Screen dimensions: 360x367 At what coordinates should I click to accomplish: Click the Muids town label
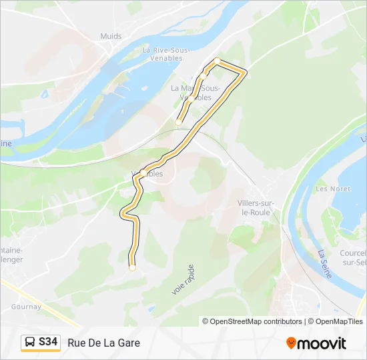[x=111, y=35]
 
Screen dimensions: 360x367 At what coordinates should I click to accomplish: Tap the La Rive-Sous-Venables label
[x=167, y=53]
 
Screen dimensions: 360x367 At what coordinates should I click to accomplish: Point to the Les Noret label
[x=332, y=189]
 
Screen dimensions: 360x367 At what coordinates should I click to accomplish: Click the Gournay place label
[x=26, y=307]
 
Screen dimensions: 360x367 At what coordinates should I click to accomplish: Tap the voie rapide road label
[x=182, y=279]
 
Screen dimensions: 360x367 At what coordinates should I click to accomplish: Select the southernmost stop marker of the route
[x=132, y=268]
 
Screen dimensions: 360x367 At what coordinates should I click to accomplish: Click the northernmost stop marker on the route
[x=217, y=61]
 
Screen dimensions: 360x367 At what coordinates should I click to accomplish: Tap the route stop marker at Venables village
[x=143, y=173]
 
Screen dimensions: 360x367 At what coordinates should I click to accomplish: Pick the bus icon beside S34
[x=30, y=343]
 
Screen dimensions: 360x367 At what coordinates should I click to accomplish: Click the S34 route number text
[x=48, y=343]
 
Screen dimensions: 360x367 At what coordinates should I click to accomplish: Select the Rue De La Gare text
[x=103, y=343]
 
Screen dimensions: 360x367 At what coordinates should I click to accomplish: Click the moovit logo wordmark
[x=322, y=343]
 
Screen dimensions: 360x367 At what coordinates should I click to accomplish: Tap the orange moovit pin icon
[x=292, y=343]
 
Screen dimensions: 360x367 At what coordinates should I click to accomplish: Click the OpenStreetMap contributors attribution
[x=252, y=321]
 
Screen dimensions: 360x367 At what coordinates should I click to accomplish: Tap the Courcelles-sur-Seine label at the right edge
[x=353, y=258]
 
